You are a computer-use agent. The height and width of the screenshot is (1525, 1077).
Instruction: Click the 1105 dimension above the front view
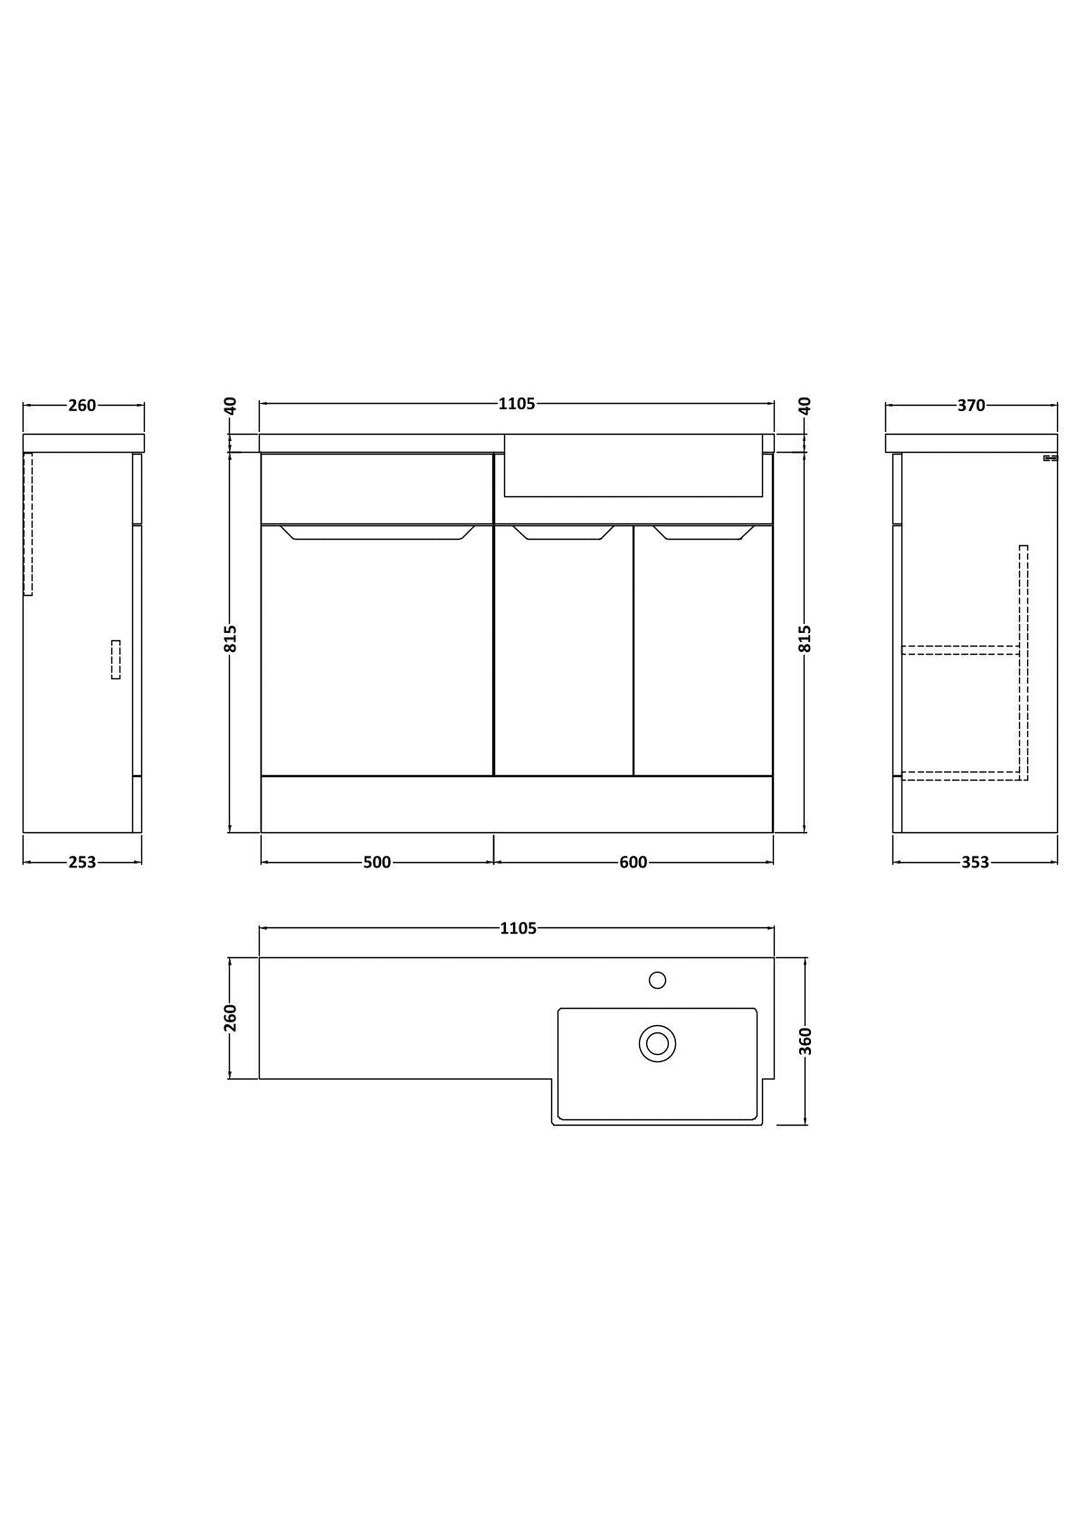click(517, 404)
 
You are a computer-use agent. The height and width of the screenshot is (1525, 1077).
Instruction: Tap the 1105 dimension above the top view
click(518, 928)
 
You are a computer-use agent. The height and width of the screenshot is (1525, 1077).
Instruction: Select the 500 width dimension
click(376, 863)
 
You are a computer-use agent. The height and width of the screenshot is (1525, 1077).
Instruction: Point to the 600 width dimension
click(634, 863)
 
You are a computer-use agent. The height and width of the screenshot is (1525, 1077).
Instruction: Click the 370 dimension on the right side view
click(971, 405)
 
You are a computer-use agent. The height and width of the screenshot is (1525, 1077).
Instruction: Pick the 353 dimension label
click(975, 863)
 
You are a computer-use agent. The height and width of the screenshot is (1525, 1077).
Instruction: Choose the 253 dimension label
click(82, 863)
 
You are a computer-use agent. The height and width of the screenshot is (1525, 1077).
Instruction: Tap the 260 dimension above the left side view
click(82, 405)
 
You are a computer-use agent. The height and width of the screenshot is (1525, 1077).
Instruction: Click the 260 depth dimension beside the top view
click(230, 1018)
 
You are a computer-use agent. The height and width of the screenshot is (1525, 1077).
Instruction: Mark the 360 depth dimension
click(805, 1041)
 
